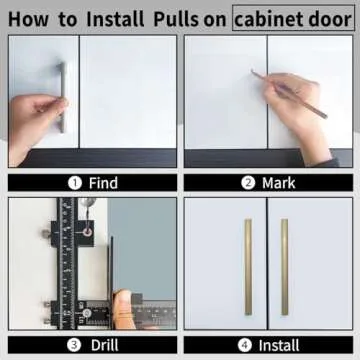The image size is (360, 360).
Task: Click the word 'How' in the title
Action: point(29,17)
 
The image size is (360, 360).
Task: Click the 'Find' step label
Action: point(103,183)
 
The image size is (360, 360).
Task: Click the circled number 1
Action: point(74,183)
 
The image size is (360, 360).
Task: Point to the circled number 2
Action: point(248,183)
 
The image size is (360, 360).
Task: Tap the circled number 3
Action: point(74,345)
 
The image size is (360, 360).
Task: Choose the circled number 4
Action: point(246,345)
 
